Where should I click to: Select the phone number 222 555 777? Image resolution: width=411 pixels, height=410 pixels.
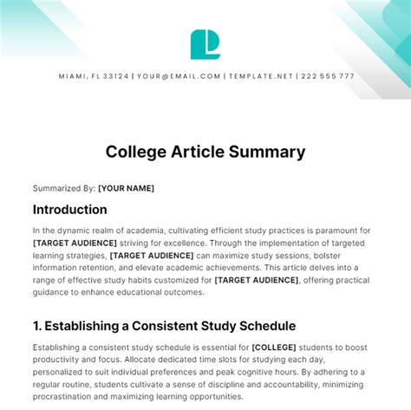tap(327, 76)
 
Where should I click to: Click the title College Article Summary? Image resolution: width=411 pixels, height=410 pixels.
tap(205, 152)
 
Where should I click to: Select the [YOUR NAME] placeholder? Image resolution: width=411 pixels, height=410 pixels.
tap(127, 187)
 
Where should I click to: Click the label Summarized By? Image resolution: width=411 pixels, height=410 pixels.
tap(63, 187)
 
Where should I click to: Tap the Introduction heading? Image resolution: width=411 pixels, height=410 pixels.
tap(70, 210)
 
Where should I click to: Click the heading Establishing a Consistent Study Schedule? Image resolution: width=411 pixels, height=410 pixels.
tap(165, 326)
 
